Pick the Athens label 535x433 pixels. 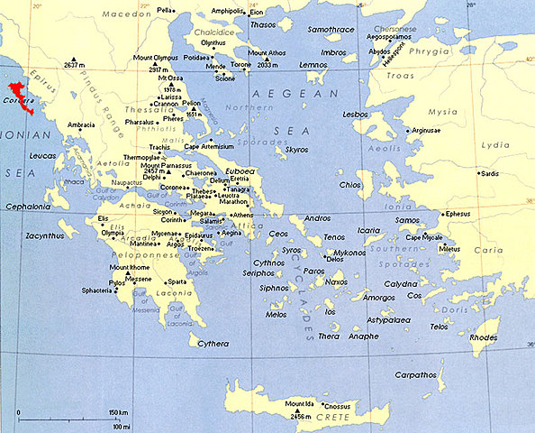coord(242,216)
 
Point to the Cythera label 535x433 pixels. coord(213,343)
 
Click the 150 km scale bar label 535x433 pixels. coord(117,412)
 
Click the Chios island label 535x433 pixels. coord(349,185)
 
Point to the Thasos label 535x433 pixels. coord(263,24)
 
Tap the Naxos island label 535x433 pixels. coord(337,282)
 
